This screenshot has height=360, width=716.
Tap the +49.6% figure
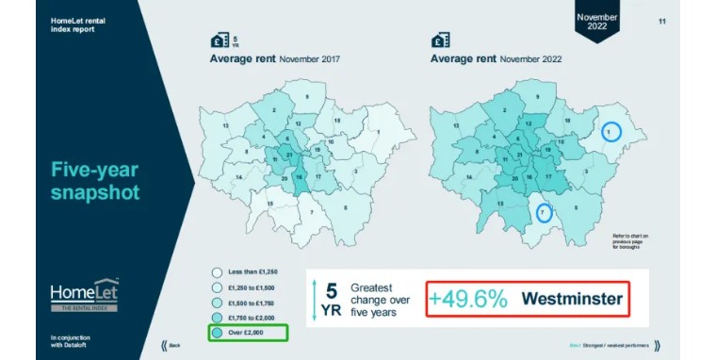[x=469, y=300]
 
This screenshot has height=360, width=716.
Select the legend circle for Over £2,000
[x=217, y=333]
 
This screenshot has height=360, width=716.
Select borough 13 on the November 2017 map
[x=226, y=125]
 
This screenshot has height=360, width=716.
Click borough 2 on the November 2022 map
[x=505, y=111]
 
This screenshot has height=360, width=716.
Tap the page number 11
[x=662, y=21]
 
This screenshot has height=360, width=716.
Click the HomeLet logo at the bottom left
[x=85, y=293]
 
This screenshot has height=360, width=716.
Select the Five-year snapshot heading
[x=95, y=181]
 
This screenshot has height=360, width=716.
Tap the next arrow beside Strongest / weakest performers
[x=656, y=345]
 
